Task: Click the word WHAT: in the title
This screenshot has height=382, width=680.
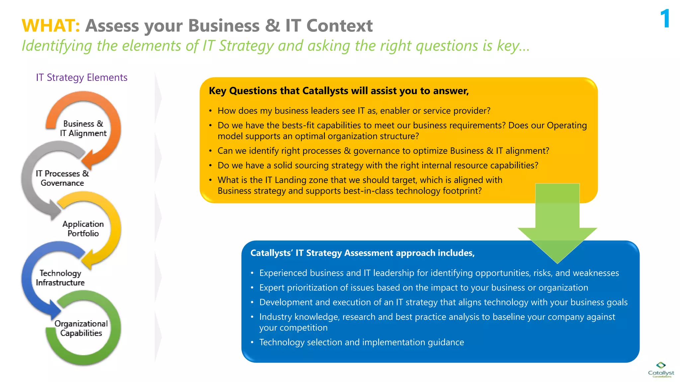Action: coord(51,26)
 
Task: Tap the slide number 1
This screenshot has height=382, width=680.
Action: coord(665,19)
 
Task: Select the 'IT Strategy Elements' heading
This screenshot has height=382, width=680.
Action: coord(82,77)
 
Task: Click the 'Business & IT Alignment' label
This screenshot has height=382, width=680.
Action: coord(83,128)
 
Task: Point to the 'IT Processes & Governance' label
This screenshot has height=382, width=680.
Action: coord(62,178)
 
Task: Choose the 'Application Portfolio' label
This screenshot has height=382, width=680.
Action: coord(83,228)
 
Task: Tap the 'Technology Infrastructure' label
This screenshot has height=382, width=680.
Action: coord(60,278)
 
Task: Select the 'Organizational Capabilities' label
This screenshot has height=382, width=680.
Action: coord(81,328)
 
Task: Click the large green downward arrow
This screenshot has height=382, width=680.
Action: coord(557,225)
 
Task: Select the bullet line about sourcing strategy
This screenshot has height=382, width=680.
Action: coord(378,165)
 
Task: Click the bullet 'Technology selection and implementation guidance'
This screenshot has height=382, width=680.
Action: coord(361,342)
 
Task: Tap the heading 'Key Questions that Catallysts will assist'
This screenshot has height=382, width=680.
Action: coord(339,91)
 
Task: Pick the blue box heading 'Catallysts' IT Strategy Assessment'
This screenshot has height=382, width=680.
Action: coord(362,253)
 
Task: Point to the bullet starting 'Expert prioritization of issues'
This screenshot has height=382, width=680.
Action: coord(423,287)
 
